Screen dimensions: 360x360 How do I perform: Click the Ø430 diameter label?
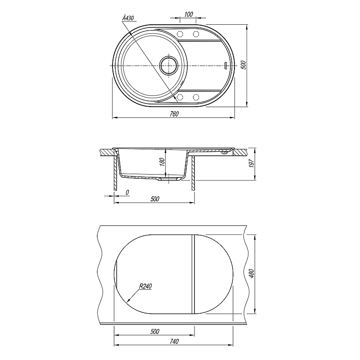(128, 18)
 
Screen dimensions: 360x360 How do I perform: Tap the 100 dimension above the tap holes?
(189, 14)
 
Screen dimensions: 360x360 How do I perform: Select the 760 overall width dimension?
(174, 114)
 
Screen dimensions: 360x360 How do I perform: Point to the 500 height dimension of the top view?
(244, 65)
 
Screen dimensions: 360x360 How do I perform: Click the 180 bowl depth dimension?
(162, 162)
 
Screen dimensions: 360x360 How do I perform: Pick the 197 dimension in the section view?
(252, 163)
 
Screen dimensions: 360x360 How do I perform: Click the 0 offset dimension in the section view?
(127, 193)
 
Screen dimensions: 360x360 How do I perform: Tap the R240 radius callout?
(145, 286)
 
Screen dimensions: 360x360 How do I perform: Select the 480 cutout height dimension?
(252, 274)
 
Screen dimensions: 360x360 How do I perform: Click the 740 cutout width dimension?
(174, 342)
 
